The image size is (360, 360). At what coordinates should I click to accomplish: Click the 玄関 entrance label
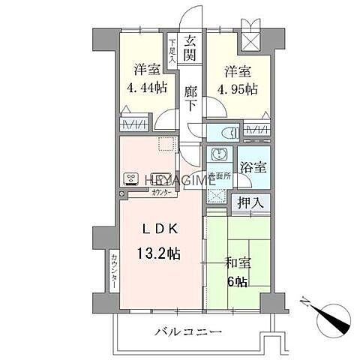191,48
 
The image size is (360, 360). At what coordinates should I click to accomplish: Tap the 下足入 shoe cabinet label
172,51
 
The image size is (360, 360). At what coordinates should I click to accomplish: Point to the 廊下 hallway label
191,98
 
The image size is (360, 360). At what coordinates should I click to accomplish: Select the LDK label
157,231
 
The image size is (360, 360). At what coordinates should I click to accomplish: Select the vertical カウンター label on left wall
115,271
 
